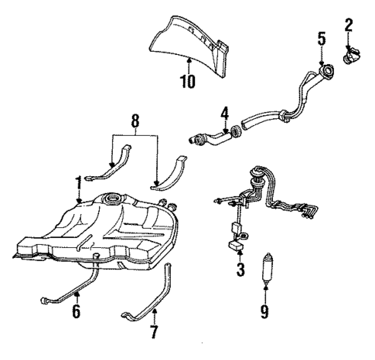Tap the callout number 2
[x=349, y=25]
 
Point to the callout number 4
[x=224, y=115]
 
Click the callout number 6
[x=76, y=312]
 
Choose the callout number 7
[x=152, y=334]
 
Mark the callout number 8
[x=136, y=121]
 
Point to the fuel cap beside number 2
[x=353, y=55]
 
